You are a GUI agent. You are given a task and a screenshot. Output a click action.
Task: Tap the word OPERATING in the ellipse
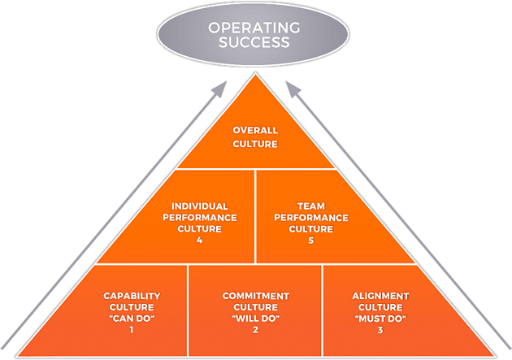[255, 28]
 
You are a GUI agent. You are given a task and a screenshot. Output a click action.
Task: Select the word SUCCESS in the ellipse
[255, 45]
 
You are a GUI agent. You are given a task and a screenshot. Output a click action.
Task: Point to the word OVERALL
[255, 130]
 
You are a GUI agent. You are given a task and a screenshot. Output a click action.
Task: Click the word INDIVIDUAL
[199, 206]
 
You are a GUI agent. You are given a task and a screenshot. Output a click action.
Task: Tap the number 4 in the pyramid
[199, 241]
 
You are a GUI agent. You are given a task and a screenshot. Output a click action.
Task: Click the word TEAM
[310, 206]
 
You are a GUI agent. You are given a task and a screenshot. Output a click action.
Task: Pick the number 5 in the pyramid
[310, 241]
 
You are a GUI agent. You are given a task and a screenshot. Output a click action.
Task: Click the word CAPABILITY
[130, 296]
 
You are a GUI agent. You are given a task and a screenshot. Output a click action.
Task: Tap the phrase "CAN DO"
[130, 319]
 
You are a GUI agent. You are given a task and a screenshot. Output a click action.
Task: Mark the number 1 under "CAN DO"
[130, 331]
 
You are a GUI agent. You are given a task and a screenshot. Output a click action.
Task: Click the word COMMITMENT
[255, 296]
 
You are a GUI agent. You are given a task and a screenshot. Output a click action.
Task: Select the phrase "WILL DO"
[255, 319]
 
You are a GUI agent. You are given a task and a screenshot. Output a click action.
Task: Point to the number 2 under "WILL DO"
[255, 331]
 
